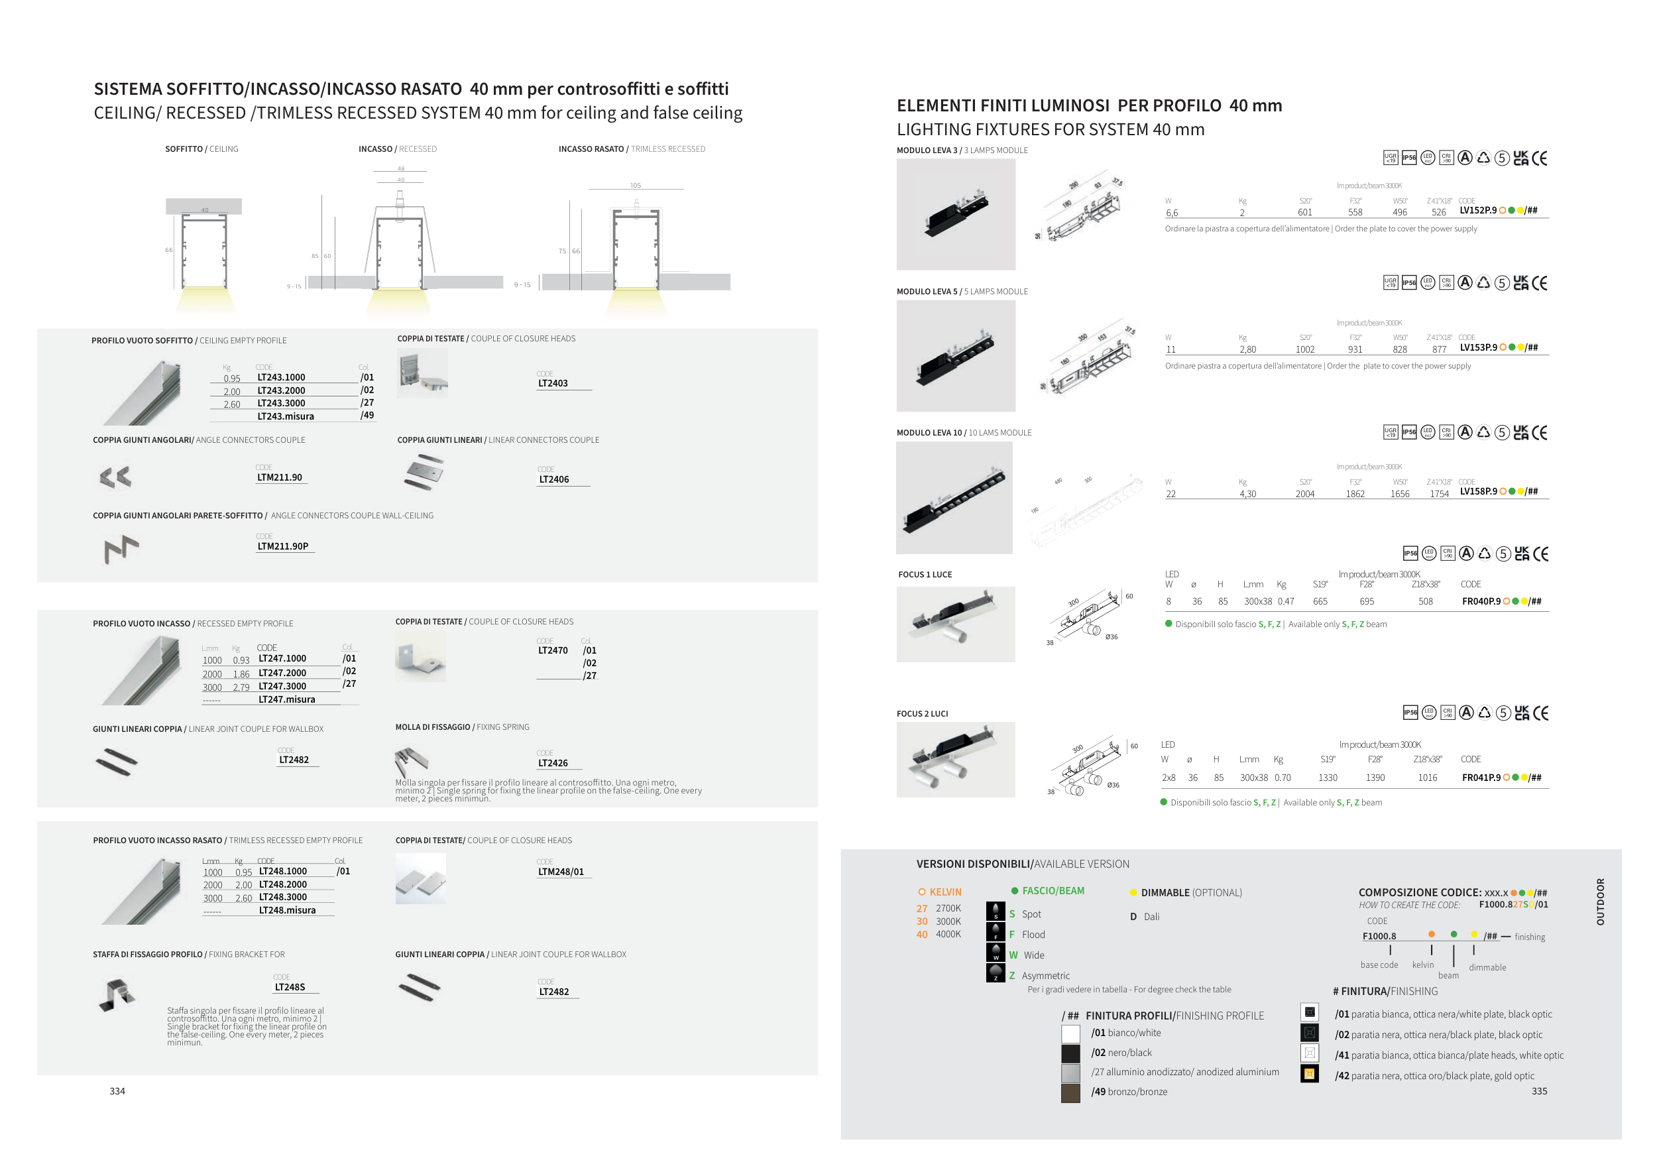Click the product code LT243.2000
(281, 390)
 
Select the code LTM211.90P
(283, 546)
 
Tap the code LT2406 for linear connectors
(553, 479)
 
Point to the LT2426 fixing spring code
(553, 763)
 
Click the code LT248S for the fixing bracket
(290, 986)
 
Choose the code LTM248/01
(561, 872)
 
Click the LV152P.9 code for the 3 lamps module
(1478, 211)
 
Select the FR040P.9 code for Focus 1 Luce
(1481, 601)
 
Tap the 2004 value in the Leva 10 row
(1305, 495)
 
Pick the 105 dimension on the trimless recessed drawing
(635, 186)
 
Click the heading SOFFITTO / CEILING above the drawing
(201, 149)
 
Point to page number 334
(117, 1091)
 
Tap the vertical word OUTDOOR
(1600, 902)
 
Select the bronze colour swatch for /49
(1070, 1092)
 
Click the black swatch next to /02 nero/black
(1070, 1053)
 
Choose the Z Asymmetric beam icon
(996, 973)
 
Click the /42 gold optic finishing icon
(1309, 1074)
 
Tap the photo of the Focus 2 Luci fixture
(956, 760)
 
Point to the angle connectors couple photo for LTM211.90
(115, 477)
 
